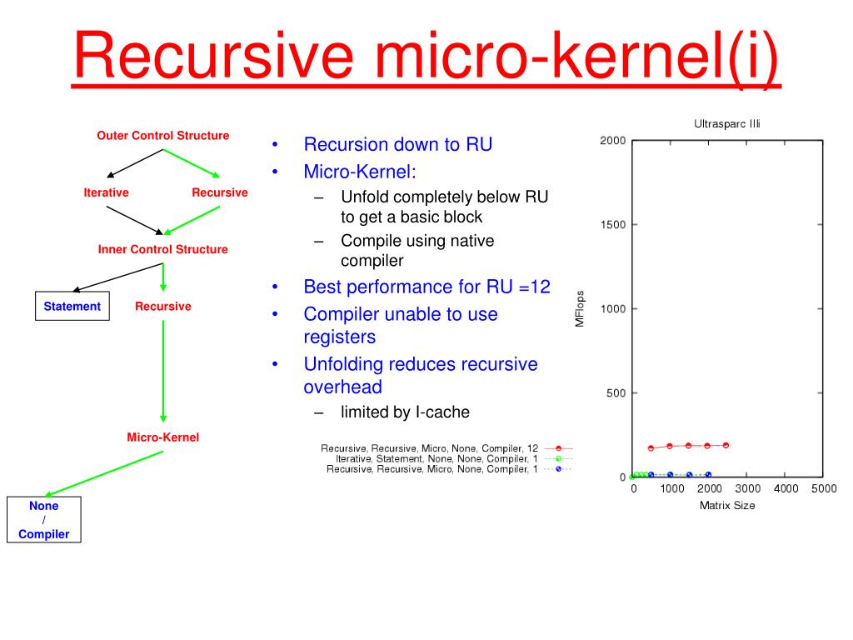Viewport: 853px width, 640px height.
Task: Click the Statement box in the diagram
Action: (x=72, y=307)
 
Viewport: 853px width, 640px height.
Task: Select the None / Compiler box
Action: (x=44, y=520)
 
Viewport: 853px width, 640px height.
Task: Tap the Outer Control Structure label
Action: (x=163, y=135)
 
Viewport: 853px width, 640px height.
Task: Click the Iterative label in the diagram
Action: (x=106, y=192)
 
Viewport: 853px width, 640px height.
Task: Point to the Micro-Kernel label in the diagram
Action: (x=163, y=437)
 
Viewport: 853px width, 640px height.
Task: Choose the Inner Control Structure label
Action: (x=163, y=249)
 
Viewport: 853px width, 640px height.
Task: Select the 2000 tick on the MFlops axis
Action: (x=613, y=141)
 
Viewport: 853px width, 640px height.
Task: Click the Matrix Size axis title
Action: (x=727, y=505)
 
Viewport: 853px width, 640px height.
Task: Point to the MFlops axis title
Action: (x=581, y=309)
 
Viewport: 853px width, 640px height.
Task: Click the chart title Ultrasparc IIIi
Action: (x=727, y=123)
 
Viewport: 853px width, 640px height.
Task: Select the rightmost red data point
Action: (x=726, y=445)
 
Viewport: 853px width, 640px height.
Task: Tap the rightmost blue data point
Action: (x=708, y=475)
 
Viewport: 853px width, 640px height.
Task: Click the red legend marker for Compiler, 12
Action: (x=559, y=448)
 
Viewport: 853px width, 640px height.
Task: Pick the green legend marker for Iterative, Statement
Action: (x=559, y=458)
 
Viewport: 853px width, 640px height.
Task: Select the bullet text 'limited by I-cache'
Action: (x=405, y=412)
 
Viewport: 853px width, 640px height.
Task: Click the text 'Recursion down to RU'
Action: (x=398, y=144)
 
